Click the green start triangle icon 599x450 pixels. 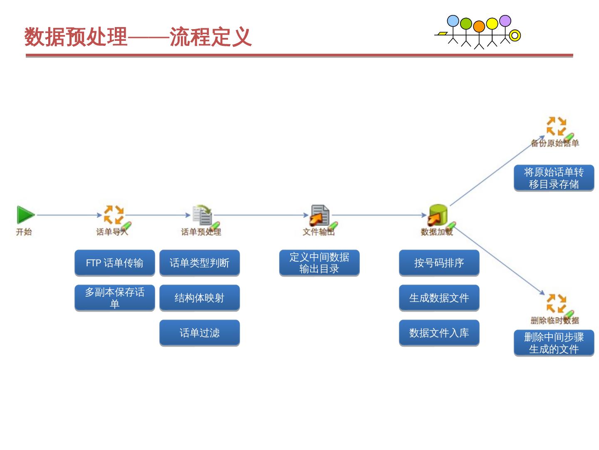[25, 215]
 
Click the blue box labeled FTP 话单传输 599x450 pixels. [115, 263]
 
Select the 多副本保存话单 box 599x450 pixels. [115, 298]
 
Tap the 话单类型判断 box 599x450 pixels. [200, 263]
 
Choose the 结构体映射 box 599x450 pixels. [200, 298]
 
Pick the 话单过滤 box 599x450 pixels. [200, 333]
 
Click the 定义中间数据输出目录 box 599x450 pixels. [319, 263]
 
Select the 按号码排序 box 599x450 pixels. [439, 263]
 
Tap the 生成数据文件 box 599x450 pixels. [439, 298]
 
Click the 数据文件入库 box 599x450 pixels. [439, 333]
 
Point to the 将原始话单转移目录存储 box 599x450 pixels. [554, 178]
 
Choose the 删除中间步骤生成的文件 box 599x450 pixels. [554, 343]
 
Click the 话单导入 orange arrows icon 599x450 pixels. [114, 215]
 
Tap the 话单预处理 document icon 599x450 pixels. [203, 215]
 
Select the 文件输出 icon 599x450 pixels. [319, 215]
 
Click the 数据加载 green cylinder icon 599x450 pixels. [438, 214]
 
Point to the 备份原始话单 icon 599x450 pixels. [556, 126]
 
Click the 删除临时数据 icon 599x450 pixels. [556, 303]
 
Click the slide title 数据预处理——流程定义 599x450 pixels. [138, 37]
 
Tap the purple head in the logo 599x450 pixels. [505, 21]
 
